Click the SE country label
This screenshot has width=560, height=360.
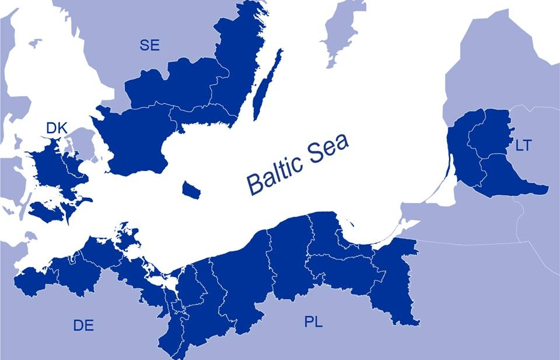tap(150, 46)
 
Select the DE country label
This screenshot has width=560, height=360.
tap(83, 325)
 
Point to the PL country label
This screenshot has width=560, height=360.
tap(313, 321)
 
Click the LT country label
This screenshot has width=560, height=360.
tap(523, 145)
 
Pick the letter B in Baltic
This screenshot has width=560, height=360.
tap(254, 184)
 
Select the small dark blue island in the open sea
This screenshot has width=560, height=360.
tap(191, 189)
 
